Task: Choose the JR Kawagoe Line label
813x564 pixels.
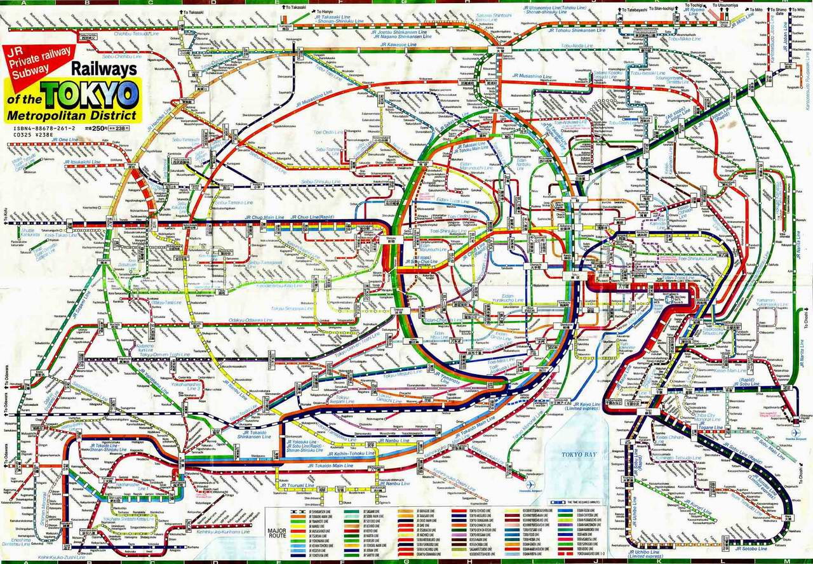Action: click(x=399, y=45)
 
